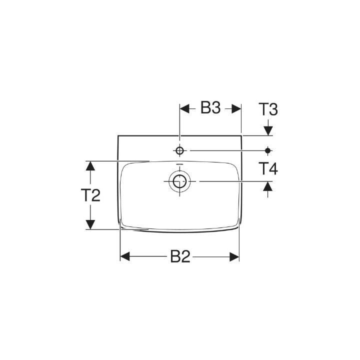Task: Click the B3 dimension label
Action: (x=210, y=108)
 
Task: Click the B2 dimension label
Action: (x=179, y=256)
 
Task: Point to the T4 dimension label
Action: (x=268, y=169)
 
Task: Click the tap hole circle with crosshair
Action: (x=179, y=150)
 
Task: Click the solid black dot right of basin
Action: (x=268, y=150)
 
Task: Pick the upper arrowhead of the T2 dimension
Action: (x=90, y=165)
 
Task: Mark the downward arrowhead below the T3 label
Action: (x=268, y=130)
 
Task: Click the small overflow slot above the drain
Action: (x=179, y=164)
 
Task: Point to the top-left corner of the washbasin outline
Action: (x=117, y=135)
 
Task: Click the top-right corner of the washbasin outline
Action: (x=241, y=135)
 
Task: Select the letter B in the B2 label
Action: (x=174, y=256)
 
